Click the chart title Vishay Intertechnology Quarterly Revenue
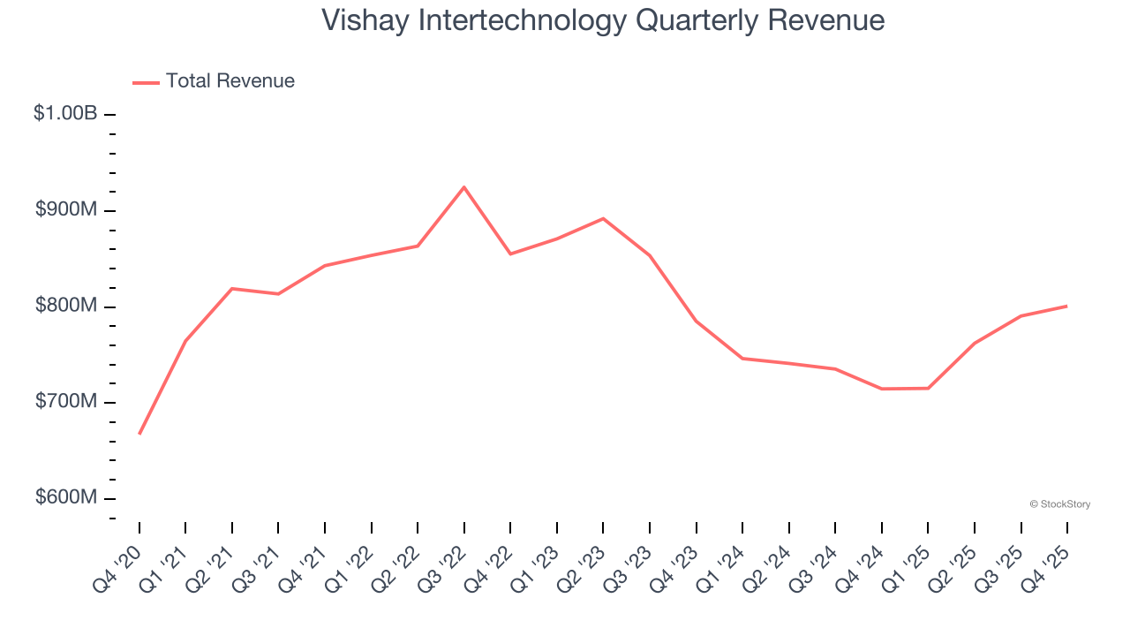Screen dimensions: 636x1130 pyautogui.click(x=603, y=20)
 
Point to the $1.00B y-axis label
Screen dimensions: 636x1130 pyautogui.click(x=65, y=114)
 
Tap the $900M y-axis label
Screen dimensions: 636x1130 pyautogui.click(x=65, y=210)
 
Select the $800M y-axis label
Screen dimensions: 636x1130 pyautogui.click(x=65, y=307)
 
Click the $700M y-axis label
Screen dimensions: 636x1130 pyautogui.click(x=65, y=402)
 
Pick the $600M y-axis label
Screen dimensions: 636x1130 pyautogui.click(x=65, y=498)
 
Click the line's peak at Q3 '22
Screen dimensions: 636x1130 pyautogui.click(x=464, y=187)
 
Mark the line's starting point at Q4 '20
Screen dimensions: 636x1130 pyautogui.click(x=139, y=434)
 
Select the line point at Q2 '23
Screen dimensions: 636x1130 pyautogui.click(x=603, y=218)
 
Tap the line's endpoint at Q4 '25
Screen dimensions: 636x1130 pyautogui.click(x=1066, y=307)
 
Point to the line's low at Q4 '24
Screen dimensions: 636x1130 pyautogui.click(x=882, y=389)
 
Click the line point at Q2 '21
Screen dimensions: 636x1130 pyautogui.click(x=232, y=289)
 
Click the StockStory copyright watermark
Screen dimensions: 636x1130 pyautogui.click(x=1059, y=504)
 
